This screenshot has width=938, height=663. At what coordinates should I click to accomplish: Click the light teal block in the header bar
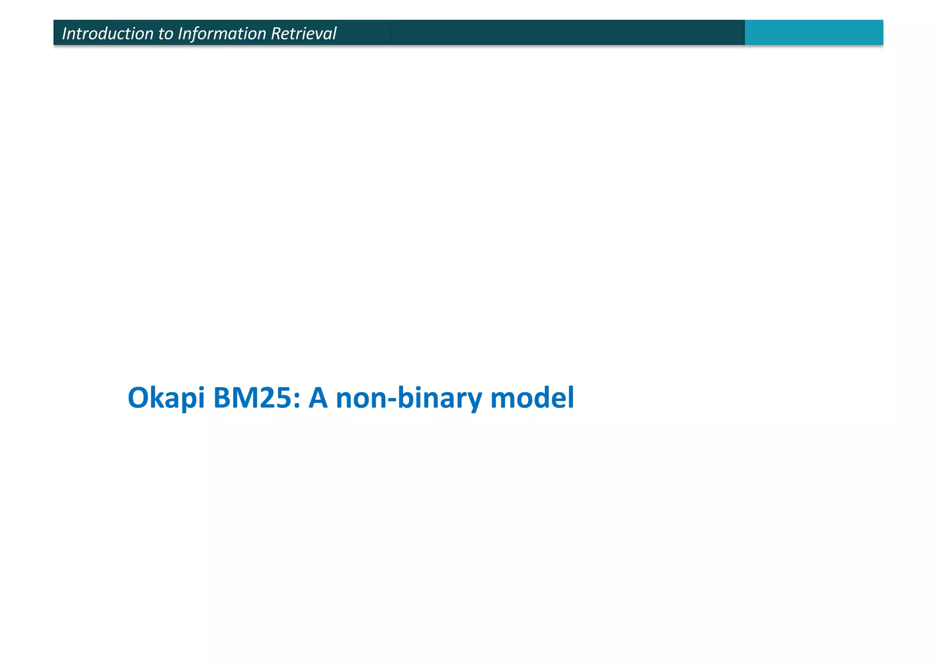click(813, 33)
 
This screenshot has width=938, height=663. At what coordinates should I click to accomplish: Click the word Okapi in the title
click(166, 398)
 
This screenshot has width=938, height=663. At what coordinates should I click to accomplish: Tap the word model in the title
click(532, 398)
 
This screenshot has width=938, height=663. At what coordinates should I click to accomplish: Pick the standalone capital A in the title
click(318, 398)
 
